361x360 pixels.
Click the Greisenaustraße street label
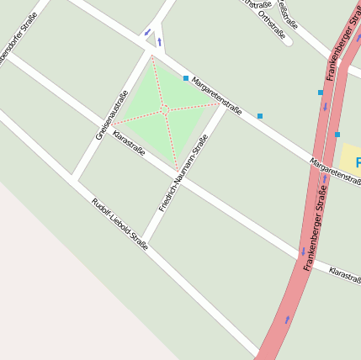[x=111, y=114]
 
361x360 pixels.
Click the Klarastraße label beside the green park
[x=129, y=143]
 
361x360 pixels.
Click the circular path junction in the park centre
[x=167, y=109]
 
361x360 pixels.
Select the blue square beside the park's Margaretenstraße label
[x=186, y=78]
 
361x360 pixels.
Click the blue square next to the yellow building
[x=337, y=135]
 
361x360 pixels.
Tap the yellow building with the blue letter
[x=351, y=160]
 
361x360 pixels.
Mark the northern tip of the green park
[x=151, y=56]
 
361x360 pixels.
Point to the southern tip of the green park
[x=178, y=169]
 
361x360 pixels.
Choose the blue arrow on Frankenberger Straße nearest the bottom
[x=287, y=319]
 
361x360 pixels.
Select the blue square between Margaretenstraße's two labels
[x=260, y=116]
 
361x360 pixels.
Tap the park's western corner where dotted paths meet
[x=110, y=125]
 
